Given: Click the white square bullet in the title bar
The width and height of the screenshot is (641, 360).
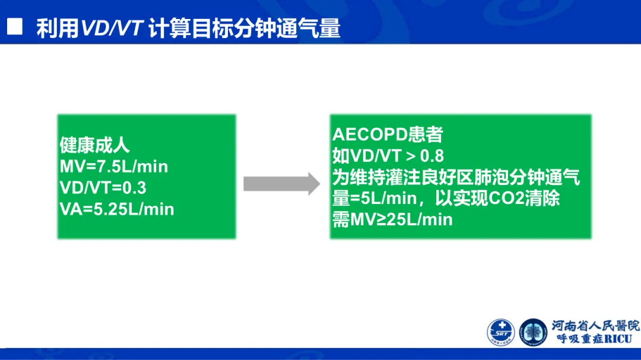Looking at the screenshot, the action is click(x=14, y=27).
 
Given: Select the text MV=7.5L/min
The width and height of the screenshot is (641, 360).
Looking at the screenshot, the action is click(x=114, y=167).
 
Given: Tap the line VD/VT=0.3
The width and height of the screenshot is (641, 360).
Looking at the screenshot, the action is click(x=103, y=188).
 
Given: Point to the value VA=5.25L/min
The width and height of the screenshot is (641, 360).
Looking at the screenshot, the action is click(x=117, y=209).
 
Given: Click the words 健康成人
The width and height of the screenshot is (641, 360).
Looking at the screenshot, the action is click(x=95, y=145).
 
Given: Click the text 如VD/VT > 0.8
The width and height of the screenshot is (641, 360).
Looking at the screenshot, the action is click(x=388, y=156).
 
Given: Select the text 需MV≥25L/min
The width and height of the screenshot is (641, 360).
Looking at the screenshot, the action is click(x=392, y=219).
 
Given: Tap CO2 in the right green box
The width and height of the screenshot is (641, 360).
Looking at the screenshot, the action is click(x=506, y=198).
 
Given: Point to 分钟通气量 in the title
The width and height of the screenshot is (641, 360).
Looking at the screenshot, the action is click(x=287, y=28).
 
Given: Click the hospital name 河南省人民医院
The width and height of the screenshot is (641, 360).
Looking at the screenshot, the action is click(x=595, y=326).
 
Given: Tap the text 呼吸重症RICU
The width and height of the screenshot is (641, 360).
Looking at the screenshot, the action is click(x=594, y=339).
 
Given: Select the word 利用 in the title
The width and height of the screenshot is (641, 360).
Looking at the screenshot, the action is click(x=58, y=28).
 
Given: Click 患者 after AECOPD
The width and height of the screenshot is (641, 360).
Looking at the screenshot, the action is click(x=429, y=135).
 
